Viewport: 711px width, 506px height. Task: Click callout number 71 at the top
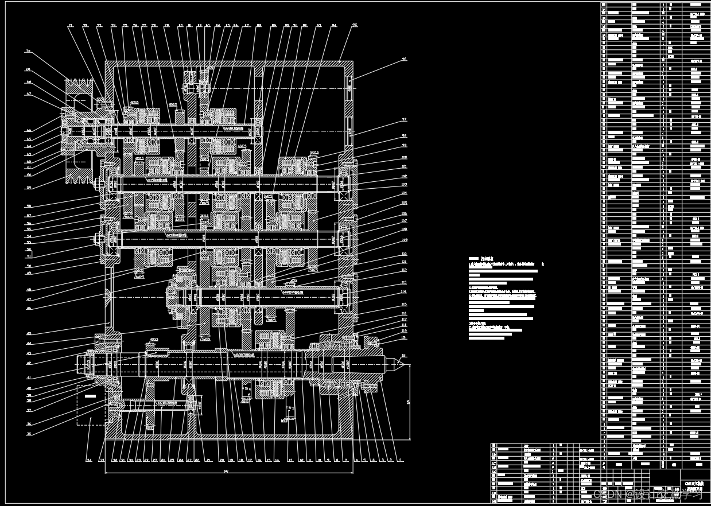[71, 26]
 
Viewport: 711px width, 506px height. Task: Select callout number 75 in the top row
[125, 26]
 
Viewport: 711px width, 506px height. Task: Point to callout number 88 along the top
[259, 26]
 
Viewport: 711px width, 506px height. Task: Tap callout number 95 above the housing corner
[355, 26]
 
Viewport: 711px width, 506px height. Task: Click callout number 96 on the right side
[404, 59]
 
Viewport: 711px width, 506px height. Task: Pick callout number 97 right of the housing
[404, 120]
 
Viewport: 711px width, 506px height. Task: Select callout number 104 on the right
[404, 193]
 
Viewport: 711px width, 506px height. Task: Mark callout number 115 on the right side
[404, 305]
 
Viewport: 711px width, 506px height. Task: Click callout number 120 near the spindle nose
[404, 338]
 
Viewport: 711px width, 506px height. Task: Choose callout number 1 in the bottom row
[401, 460]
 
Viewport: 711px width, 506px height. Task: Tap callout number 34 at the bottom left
[89, 460]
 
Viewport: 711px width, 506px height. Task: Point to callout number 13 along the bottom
[290, 460]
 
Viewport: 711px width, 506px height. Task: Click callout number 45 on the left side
[29, 333]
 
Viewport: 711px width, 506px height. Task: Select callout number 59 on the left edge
[28, 188]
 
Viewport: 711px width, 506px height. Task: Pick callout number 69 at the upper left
[28, 70]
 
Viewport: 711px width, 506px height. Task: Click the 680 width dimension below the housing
[226, 472]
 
